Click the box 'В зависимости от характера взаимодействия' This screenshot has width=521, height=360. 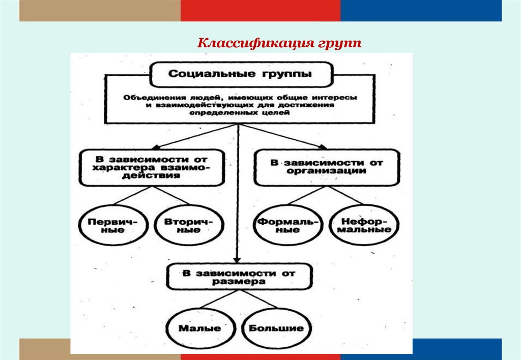151,166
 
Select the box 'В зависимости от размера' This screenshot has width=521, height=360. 239,277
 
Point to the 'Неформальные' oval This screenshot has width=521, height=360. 364,225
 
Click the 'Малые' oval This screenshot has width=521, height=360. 200,327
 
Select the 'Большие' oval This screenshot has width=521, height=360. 276,327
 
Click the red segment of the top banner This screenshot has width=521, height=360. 260,11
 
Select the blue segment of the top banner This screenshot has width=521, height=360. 421,11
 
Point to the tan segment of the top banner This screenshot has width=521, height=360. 100,11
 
